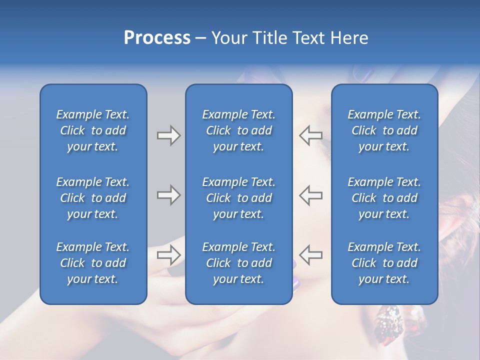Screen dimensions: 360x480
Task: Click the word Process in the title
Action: point(157,38)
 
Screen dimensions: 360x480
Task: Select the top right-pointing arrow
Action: point(168,135)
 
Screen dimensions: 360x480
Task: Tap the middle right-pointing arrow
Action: point(168,195)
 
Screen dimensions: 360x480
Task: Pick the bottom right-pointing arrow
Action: point(168,254)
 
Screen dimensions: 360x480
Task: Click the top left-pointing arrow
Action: point(311,135)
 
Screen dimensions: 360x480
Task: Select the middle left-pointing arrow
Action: point(311,195)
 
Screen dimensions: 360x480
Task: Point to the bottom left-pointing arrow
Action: point(311,254)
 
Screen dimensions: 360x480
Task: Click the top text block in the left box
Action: point(93,130)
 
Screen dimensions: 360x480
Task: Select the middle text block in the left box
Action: point(93,198)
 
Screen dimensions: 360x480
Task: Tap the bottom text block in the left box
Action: point(93,263)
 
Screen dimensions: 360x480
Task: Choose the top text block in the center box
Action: point(238,130)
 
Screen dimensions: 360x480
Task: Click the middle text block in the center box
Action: point(238,198)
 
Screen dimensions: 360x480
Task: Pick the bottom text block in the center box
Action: point(238,263)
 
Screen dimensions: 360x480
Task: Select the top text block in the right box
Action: point(384,130)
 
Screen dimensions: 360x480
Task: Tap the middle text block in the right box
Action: point(384,198)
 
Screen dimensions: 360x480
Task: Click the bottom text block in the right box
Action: point(384,263)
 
